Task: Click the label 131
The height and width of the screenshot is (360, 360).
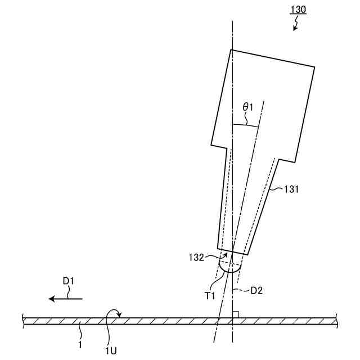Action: [x=290, y=190]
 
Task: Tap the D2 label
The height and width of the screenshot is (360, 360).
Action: [x=256, y=291]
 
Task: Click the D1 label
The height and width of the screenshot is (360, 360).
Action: [x=69, y=280]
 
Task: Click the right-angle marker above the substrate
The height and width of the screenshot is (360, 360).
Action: [x=236, y=314]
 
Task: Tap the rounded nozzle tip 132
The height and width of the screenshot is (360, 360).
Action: [x=229, y=266]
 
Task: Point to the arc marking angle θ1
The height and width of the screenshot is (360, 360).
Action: [x=245, y=125]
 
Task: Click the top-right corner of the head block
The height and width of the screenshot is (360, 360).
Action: [x=314, y=69]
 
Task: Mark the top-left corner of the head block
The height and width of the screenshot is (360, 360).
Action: [x=231, y=50]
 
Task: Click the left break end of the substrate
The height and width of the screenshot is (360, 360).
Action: [x=23, y=321]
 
